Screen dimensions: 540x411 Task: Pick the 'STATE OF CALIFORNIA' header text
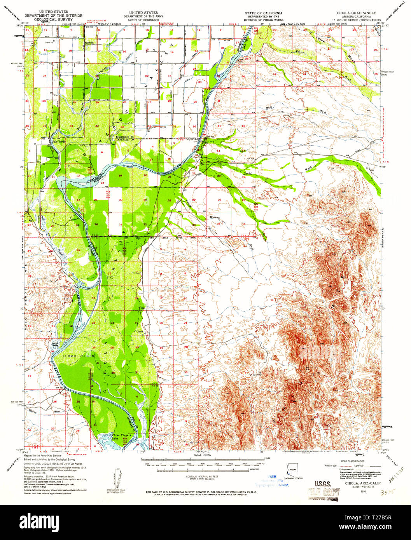[264, 13]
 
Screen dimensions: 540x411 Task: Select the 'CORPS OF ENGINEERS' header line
[141, 19]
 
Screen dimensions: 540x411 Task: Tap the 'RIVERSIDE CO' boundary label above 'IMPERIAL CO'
[125, 137]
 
